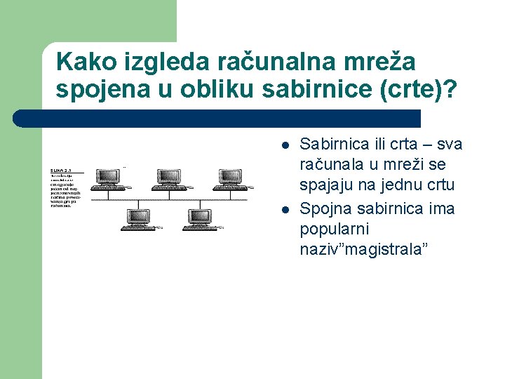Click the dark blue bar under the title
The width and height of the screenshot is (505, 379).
coord(217,118)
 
